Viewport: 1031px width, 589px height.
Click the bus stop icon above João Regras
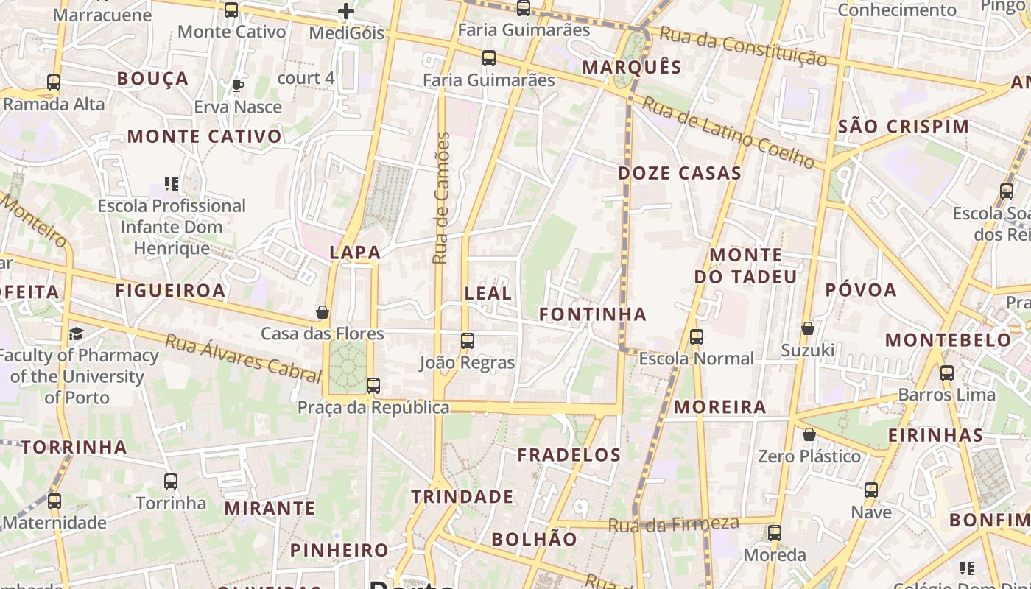[468, 341]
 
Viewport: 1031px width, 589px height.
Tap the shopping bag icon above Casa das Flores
[322, 312]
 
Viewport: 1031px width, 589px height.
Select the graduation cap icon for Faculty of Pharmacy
[76, 334]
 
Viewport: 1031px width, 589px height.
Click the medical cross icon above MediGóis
[346, 11]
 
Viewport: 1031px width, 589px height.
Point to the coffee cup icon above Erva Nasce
[238, 85]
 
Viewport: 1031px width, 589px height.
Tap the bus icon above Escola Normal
[696, 337]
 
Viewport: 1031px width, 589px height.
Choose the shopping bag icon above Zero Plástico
[809, 434]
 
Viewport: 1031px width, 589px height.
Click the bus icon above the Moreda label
[774, 533]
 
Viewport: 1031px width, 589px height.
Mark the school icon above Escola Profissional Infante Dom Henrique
[172, 183]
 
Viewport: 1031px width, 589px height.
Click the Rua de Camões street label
[441, 197]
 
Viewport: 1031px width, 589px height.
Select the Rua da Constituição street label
[743, 45]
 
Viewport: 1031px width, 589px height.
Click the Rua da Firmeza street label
[674, 524]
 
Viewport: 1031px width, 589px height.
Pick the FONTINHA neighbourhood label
[593, 314]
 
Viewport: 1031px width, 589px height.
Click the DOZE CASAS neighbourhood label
[679, 174]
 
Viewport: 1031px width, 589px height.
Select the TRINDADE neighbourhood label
[462, 497]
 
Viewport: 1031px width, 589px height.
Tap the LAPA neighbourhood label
[355, 253]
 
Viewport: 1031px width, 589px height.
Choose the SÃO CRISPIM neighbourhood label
[904, 127]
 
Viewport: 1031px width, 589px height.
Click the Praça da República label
[373, 407]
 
